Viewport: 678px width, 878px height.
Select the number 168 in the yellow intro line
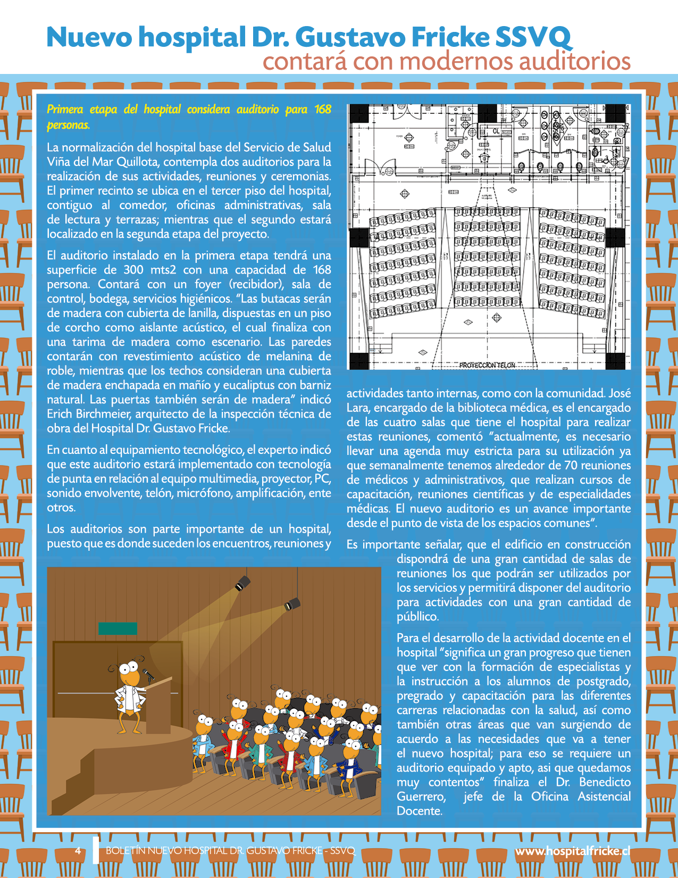tap(322, 110)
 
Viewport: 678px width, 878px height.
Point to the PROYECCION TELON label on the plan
tap(487, 365)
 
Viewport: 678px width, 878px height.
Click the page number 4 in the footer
tap(78, 850)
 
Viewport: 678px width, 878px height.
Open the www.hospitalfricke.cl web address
tap(572, 851)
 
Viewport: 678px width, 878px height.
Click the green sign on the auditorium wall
tap(118, 628)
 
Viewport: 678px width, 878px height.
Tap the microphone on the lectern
tap(148, 675)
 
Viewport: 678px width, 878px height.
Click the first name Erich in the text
tap(59, 414)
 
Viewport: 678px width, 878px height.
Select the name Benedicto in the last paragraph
tap(605, 782)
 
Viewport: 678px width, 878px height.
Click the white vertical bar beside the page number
tap(96, 850)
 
